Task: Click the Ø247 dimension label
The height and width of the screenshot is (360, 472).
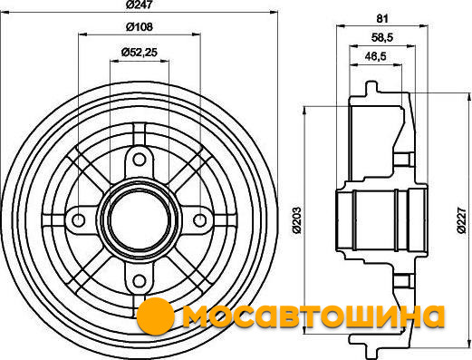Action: pos(139,5)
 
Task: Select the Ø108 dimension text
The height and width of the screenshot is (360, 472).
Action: pos(140,27)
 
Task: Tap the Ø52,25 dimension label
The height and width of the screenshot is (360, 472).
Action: pos(140,53)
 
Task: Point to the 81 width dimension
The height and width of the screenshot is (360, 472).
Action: pos(382,19)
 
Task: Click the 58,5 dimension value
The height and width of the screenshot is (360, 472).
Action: pos(382,38)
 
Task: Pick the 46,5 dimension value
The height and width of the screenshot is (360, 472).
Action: pos(375,56)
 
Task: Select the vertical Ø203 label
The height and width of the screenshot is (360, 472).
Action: pos(297,220)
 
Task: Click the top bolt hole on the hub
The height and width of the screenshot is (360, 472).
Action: pos(139,160)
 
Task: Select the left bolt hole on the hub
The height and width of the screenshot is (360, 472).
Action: pos(79,219)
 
